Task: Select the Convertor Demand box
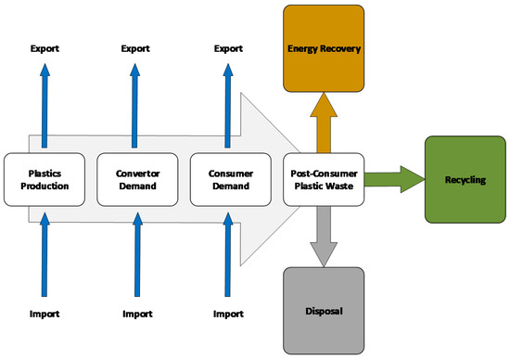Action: [136, 178]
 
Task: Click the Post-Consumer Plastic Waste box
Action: [324, 178]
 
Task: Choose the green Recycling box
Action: [465, 179]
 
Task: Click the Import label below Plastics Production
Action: [45, 314]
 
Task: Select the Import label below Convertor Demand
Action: [136, 314]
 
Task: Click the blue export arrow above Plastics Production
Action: [45, 102]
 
